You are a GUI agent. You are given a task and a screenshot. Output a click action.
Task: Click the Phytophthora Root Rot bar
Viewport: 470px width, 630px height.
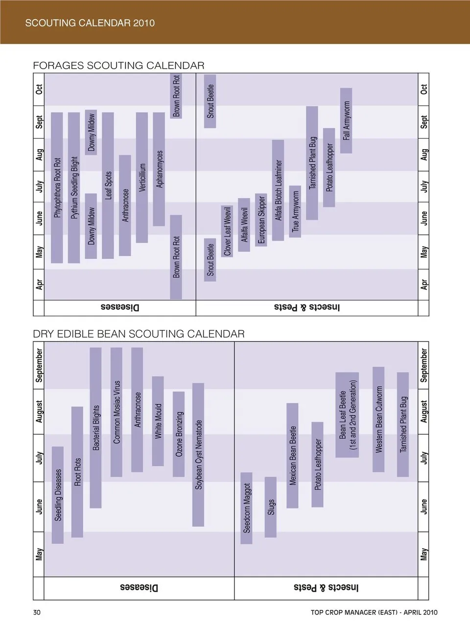[x=57, y=187]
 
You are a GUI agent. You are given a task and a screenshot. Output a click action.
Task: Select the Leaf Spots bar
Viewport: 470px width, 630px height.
[x=108, y=185]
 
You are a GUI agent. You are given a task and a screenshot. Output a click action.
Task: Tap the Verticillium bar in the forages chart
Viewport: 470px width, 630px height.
[x=142, y=177]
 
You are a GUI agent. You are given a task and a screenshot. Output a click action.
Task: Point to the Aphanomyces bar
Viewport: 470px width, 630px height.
[x=159, y=169]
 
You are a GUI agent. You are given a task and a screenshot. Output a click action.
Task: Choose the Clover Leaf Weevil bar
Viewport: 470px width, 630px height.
[x=227, y=231]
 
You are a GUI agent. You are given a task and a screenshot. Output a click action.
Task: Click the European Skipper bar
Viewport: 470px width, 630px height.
[x=261, y=220]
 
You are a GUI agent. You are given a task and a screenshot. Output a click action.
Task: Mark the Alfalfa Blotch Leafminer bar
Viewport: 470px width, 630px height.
[x=278, y=190]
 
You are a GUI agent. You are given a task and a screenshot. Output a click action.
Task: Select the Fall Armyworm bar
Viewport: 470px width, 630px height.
[x=346, y=121]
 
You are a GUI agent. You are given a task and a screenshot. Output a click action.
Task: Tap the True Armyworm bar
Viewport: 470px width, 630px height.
[x=295, y=211]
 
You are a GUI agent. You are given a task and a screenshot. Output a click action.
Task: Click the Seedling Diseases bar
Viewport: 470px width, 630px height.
[x=58, y=495]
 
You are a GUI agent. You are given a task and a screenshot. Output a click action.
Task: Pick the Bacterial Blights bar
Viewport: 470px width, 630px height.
[x=96, y=428]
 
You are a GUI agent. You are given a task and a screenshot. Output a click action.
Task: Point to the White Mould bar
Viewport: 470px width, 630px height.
[x=158, y=421]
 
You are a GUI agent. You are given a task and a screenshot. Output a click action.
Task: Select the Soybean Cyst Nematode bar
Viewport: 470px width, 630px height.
[x=198, y=454]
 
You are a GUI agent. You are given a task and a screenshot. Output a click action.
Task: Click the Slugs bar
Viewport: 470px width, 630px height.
[x=271, y=507]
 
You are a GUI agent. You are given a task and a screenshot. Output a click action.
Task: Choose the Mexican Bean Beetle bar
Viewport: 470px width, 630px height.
[x=292, y=455]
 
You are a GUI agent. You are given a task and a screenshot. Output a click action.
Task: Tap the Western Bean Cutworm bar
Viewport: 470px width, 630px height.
[x=378, y=419]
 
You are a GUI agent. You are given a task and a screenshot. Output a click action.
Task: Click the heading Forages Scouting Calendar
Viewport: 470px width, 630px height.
[x=118, y=66]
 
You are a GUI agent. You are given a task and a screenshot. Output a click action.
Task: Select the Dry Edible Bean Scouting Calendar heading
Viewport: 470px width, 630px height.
[x=139, y=334]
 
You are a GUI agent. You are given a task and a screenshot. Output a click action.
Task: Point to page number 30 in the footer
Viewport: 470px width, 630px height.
[x=37, y=612]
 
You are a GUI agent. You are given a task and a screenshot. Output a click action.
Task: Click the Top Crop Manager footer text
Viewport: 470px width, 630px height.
[x=374, y=612]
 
